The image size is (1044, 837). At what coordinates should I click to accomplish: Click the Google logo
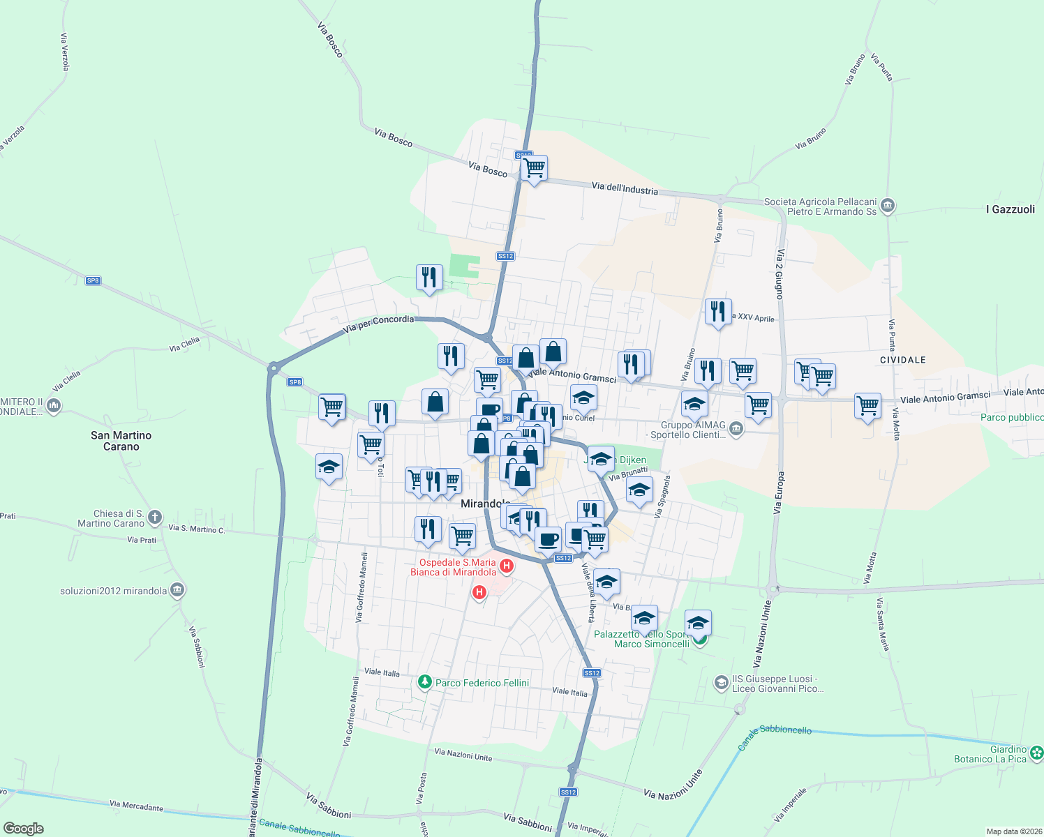pyautogui.click(x=24, y=829)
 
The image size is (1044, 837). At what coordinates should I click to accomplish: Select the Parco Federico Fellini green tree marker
pyautogui.click(x=424, y=682)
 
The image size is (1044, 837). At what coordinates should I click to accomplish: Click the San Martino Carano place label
pyautogui.click(x=121, y=441)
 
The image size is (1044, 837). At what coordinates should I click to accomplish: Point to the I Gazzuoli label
pyautogui.click(x=1010, y=209)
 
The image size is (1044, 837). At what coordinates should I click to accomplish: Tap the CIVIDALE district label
pyautogui.click(x=902, y=360)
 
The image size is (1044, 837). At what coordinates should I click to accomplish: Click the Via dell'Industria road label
pyautogui.click(x=625, y=188)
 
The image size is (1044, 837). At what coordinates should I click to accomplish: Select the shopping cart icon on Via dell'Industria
pyautogui.click(x=534, y=168)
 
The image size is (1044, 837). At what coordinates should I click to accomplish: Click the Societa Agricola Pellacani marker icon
pyautogui.click(x=888, y=206)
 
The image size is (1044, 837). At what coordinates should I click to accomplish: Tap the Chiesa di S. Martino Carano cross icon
pyautogui.click(x=155, y=518)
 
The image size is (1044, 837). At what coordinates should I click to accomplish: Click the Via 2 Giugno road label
pyautogui.click(x=779, y=273)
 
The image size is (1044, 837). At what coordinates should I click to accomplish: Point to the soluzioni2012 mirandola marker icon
pyautogui.click(x=177, y=590)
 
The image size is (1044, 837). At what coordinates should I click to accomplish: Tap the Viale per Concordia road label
pyautogui.click(x=379, y=322)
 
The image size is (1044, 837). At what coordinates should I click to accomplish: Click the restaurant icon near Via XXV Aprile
pyautogui.click(x=718, y=311)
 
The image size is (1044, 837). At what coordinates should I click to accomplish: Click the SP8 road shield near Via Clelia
pyautogui.click(x=93, y=280)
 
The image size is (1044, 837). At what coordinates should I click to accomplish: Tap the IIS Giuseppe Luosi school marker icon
pyautogui.click(x=721, y=683)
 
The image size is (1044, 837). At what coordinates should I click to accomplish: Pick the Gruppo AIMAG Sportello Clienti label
pyautogui.click(x=693, y=430)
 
